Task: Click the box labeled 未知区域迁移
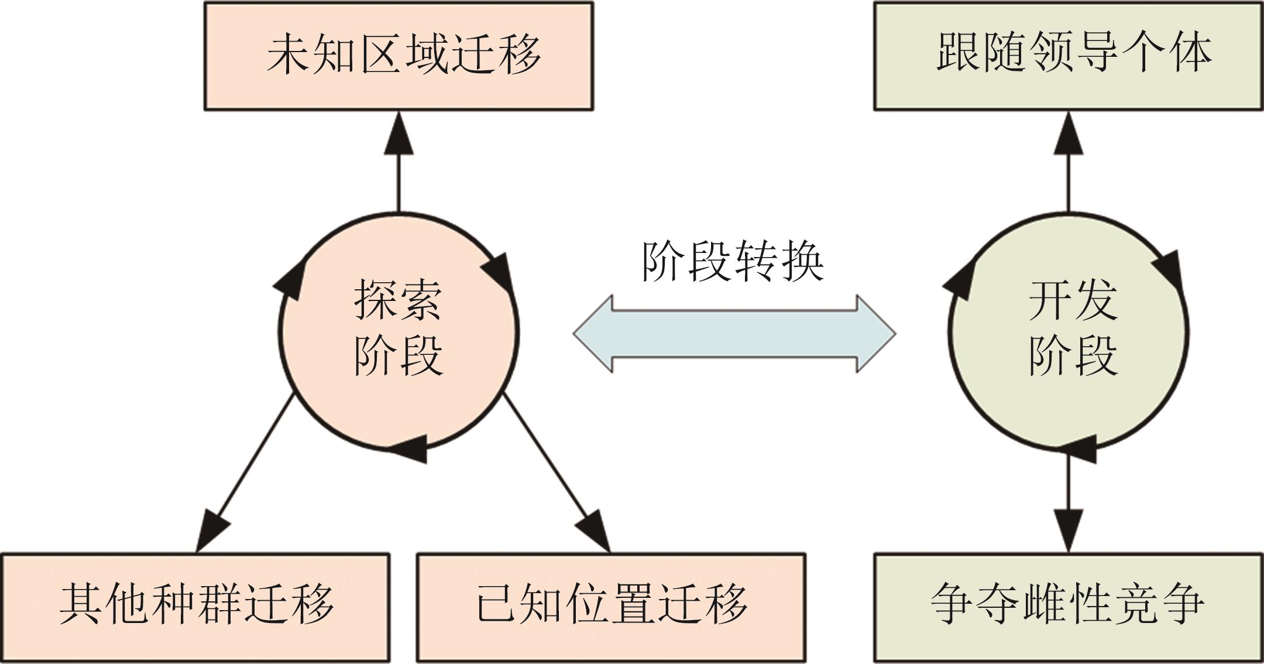(x=399, y=56)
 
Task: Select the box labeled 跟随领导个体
(x=1068, y=56)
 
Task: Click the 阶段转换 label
(x=733, y=262)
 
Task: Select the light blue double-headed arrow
(x=734, y=334)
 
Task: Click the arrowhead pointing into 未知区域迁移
(x=399, y=135)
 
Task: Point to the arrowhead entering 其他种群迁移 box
(x=211, y=530)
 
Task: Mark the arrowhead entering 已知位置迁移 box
(x=595, y=530)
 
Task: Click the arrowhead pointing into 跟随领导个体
(x=1069, y=135)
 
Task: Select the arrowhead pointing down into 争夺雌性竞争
(x=1069, y=530)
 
